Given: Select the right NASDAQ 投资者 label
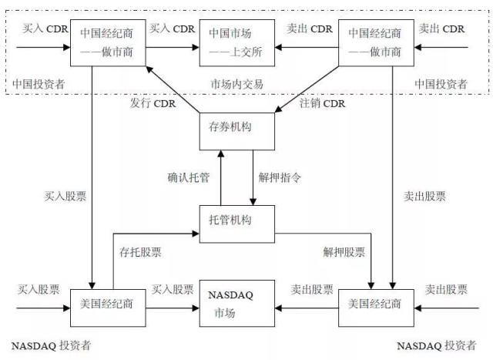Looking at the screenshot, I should (440, 346).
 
